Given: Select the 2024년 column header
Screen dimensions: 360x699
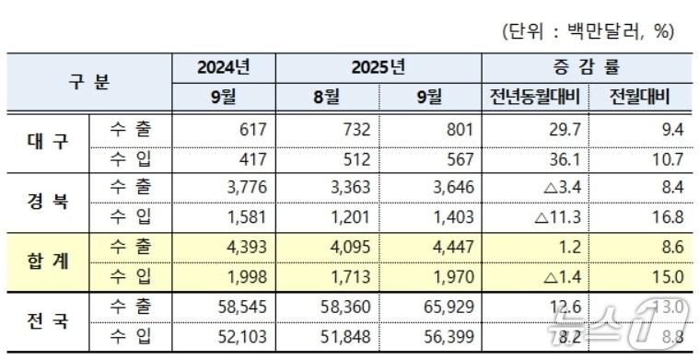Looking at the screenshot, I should [224, 67].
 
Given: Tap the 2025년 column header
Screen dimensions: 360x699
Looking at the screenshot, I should [378, 67].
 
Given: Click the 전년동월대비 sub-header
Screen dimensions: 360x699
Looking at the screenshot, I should [534, 96].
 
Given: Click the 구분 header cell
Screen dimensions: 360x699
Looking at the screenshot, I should [89, 81].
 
